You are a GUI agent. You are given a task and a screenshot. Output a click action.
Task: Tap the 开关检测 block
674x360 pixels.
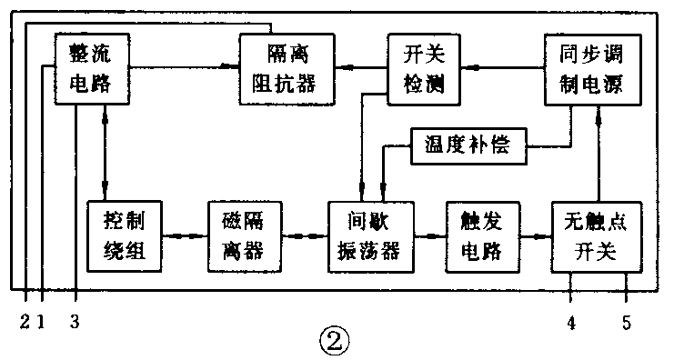click(x=418, y=68)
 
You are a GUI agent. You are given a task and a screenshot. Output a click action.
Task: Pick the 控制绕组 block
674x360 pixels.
click(x=126, y=235)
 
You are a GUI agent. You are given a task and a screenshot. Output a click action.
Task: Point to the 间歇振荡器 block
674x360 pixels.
click(x=370, y=235)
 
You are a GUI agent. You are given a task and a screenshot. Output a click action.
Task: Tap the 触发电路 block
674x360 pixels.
click(x=482, y=235)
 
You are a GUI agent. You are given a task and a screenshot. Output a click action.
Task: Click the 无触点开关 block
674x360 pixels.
click(x=596, y=235)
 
